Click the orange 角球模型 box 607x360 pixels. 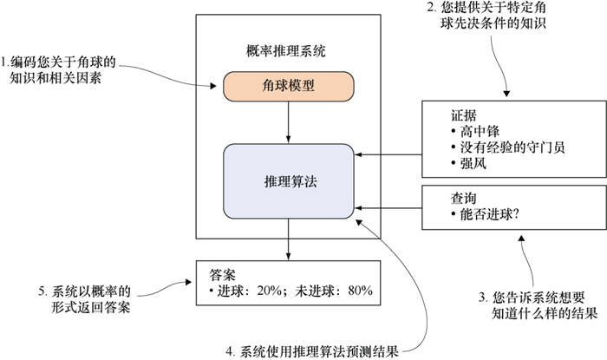[x=288, y=86]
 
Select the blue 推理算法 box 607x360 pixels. [x=288, y=184]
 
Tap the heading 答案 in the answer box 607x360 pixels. [x=223, y=272]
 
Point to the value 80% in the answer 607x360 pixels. [x=356, y=289]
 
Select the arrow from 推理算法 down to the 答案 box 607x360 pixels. [x=288, y=239]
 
